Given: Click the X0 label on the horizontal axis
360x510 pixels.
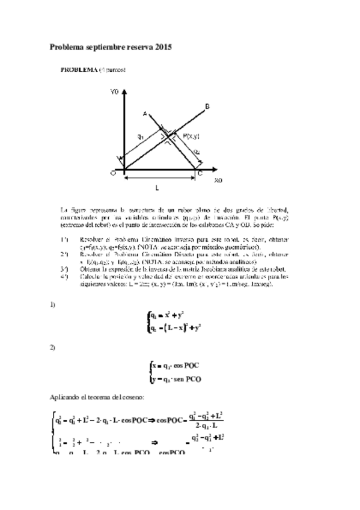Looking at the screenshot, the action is click(x=218, y=180).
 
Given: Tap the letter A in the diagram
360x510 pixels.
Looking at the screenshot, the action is click(x=144, y=112).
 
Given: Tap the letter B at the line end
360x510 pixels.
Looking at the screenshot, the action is click(x=207, y=106).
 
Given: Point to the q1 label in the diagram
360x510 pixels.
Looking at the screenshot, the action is click(x=140, y=138).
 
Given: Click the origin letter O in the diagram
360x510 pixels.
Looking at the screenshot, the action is click(x=112, y=173).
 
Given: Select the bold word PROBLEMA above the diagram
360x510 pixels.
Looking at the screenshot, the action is click(x=79, y=70).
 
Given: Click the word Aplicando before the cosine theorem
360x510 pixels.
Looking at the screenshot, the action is click(x=63, y=396).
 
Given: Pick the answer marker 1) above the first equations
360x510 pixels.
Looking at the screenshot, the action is click(x=52, y=305).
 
